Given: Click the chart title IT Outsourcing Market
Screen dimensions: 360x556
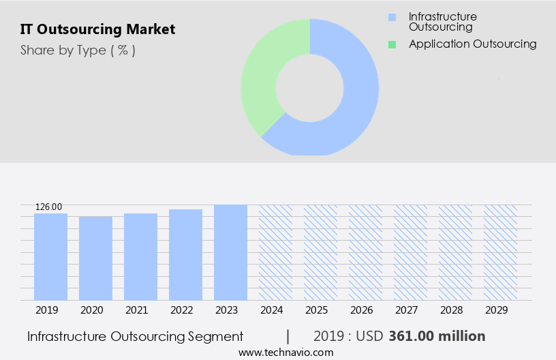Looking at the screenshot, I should [97, 29].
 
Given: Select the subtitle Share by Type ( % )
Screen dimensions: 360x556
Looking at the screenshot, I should [78, 50].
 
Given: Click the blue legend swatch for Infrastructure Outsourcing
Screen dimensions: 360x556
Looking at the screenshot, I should [392, 17].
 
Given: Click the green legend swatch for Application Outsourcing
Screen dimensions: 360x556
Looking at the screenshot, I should [392, 44].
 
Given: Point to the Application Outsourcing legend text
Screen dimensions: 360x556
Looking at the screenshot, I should [472, 44].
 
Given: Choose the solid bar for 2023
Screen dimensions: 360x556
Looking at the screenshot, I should [230, 252].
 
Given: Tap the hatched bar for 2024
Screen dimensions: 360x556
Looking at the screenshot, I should [275, 252].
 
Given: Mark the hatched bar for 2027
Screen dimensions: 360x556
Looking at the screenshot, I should [410, 252].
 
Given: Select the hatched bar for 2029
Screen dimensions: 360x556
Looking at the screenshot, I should [500, 252].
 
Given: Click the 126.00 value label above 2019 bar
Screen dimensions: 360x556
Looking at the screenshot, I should [48, 207].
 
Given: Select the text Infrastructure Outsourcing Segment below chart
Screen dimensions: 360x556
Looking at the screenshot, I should [135, 336].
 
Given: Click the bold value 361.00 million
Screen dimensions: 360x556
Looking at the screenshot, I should [437, 336].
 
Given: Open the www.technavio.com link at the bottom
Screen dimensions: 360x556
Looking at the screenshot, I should [286, 352].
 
